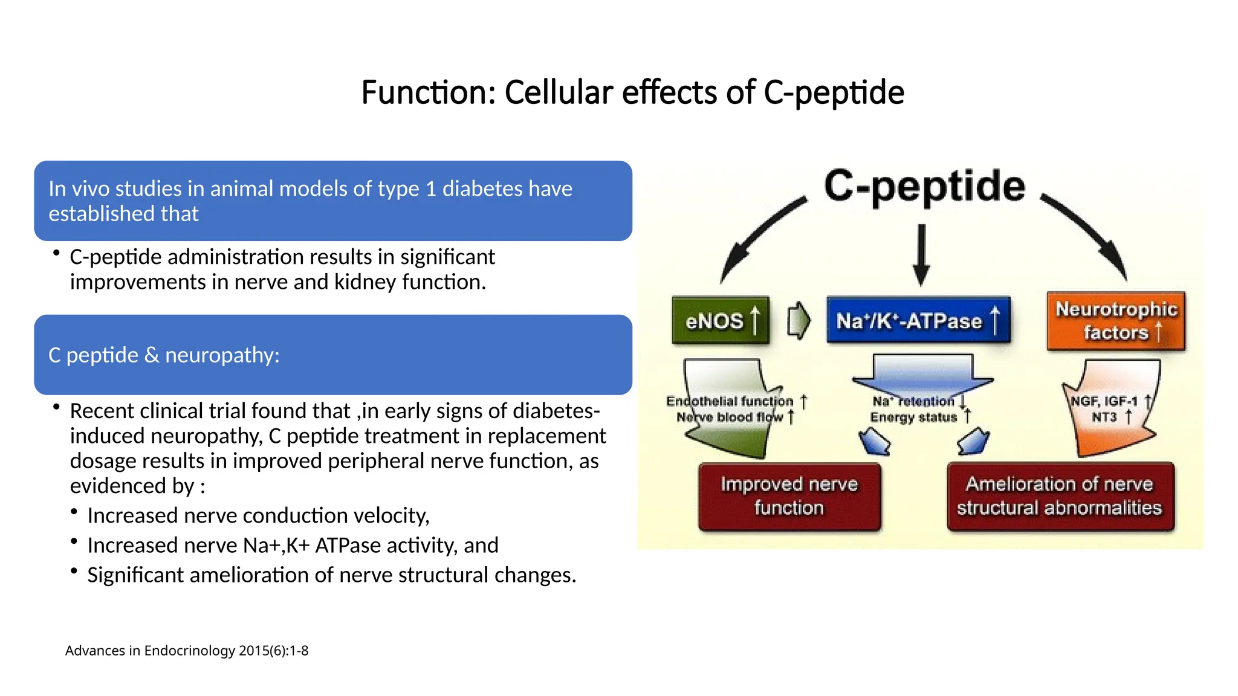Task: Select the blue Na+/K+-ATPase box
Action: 918,321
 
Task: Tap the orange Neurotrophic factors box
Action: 1116,321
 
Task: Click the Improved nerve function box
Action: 789,496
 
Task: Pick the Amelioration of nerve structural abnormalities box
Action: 1060,496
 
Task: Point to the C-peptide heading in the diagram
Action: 924,185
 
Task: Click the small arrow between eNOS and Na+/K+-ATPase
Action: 799,320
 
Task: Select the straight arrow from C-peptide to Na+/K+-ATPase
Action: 921,254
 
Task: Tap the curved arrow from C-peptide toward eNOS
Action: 759,236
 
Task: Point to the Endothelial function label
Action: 730,401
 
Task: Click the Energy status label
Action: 913,417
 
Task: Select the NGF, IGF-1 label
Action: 1104,401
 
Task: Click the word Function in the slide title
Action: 427,92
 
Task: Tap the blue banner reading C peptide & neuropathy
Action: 332,355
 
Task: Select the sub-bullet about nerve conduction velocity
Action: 258,515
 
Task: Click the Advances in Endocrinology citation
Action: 187,651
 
